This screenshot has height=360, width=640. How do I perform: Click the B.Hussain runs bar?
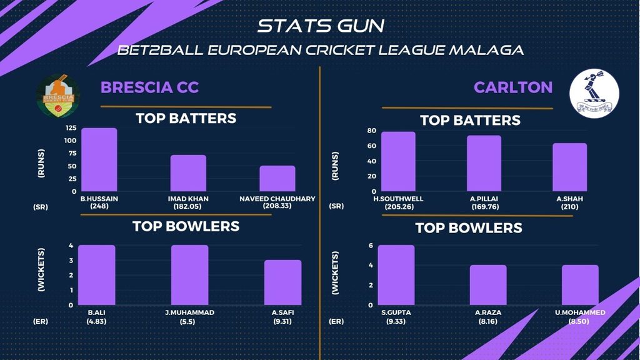tap(99, 160)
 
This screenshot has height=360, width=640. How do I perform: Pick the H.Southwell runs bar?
tap(398, 162)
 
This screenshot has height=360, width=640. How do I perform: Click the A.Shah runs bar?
tap(569, 167)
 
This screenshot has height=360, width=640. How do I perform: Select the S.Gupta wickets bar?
tap(396, 275)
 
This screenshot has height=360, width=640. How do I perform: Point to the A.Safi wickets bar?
tap(282, 282)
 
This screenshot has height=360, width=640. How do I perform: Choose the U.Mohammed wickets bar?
tap(580, 285)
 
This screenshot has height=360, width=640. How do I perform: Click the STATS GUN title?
tap(321, 26)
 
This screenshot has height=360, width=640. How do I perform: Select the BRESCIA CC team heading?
tap(149, 87)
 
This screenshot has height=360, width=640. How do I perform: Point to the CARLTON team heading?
tap(512, 87)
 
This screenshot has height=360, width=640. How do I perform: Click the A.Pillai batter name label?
tap(484, 199)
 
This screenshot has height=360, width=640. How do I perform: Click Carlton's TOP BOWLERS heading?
tap(469, 228)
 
